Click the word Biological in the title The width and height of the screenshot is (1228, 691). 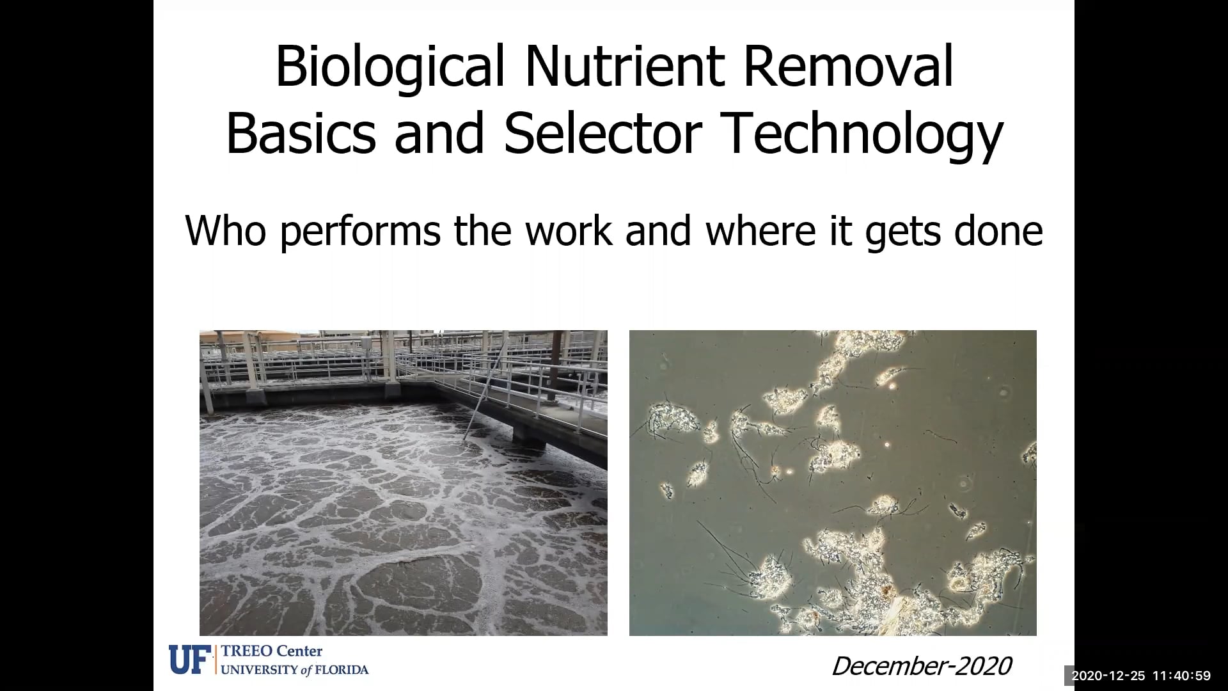tap(390, 67)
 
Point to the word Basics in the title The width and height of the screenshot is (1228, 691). tap(301, 134)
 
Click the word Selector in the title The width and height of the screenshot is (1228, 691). tap(603, 134)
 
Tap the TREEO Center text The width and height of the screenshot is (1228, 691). tap(272, 651)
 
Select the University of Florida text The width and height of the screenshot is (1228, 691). tap(295, 670)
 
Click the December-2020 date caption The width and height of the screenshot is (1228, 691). tap(921, 666)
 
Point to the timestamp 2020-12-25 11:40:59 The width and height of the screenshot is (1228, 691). tap(1141, 676)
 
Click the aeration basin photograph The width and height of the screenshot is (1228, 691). tap(403, 512)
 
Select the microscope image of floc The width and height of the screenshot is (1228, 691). tap(833, 482)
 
